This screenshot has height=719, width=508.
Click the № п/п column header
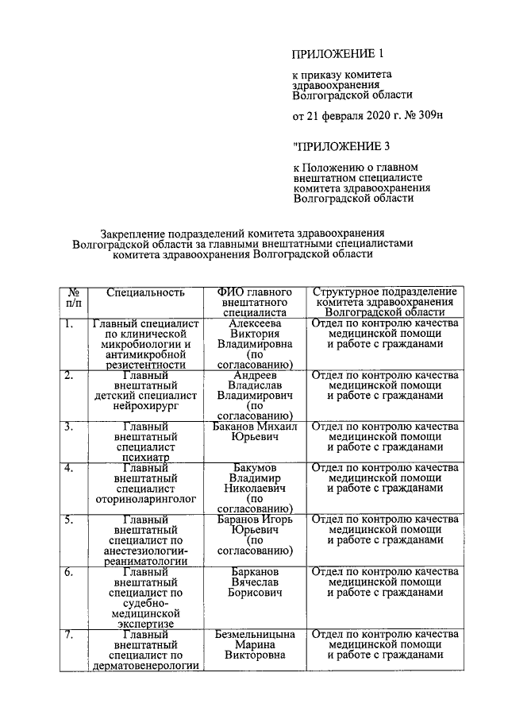pyautogui.click(x=73, y=297)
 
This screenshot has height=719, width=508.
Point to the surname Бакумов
pyautogui.click(x=254, y=468)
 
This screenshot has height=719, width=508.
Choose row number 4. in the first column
pyautogui.click(x=70, y=468)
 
